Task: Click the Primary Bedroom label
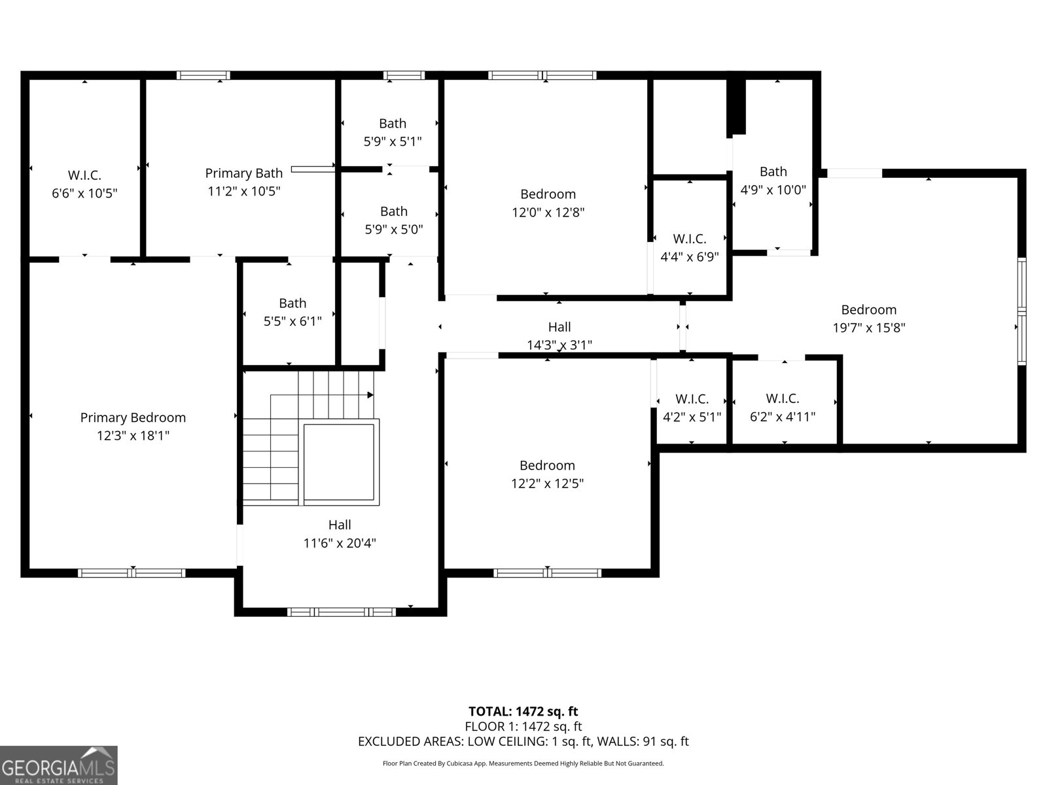coord(133,417)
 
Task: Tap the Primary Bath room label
coord(243,173)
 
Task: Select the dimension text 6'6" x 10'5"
coord(84,193)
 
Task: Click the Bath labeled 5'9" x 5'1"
coord(392,124)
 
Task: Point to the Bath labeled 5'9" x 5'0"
coord(393,211)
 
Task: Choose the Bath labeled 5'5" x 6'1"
coord(292,303)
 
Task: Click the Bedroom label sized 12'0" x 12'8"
coord(548,194)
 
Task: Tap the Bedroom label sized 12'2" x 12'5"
coord(547,465)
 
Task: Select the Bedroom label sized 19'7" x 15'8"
coord(868,309)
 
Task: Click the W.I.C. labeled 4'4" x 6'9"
coord(689,239)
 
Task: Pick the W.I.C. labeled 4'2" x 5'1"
coord(692,398)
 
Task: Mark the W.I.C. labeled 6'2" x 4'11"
coord(782,398)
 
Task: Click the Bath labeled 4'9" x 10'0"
coord(773,171)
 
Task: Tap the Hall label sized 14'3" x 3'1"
coord(559,327)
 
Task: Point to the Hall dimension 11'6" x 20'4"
coord(340,543)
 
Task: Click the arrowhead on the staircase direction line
coord(370,395)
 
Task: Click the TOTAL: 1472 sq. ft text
coord(523,711)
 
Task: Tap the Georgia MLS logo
coord(58,765)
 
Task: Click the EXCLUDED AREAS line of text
coord(523,741)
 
